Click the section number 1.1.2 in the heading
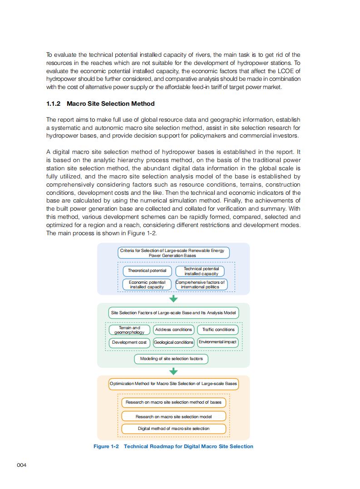point(54,104)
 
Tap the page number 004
point(22,465)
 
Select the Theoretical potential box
point(147,271)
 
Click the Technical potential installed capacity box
point(201,271)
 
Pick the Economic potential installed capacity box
point(147,285)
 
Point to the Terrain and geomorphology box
point(129,330)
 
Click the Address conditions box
point(173,330)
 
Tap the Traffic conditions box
point(218,330)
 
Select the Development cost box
point(129,342)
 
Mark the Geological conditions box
point(173,342)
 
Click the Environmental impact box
point(217,342)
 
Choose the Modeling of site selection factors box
point(171,359)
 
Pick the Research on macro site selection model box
point(173,416)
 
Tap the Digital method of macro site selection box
point(173,429)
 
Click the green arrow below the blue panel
point(173,299)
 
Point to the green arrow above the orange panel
point(173,371)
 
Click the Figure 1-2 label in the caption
point(106,446)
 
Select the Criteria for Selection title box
point(173,253)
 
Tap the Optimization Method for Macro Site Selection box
point(173,384)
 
